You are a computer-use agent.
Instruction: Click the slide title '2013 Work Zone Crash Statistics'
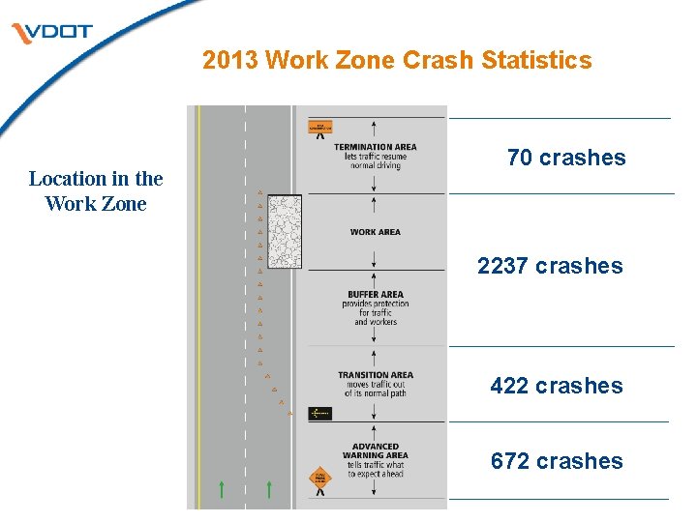tap(397, 60)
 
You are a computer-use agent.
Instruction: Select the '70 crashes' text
tap(566, 158)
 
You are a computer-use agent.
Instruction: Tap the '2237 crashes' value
tap(550, 266)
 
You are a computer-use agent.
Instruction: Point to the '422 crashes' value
tap(557, 386)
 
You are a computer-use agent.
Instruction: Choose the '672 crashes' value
tap(557, 461)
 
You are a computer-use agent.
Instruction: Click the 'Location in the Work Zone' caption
tap(96, 190)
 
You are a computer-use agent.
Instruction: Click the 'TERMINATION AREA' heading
tap(376, 148)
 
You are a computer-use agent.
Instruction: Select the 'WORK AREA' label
tap(376, 232)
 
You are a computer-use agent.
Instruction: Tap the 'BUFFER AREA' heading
tap(376, 295)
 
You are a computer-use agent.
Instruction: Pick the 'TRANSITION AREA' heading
tap(376, 375)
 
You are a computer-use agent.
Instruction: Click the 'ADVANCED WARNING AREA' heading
tap(376, 450)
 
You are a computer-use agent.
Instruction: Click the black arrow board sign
tap(319, 414)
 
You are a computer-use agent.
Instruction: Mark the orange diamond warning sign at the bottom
tap(320, 477)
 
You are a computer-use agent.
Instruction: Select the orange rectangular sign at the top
tap(320, 126)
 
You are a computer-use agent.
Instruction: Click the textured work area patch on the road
tap(284, 231)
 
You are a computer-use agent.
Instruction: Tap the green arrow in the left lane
tap(222, 489)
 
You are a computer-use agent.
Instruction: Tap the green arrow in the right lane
tap(268, 489)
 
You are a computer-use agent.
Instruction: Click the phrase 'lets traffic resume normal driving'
tap(376, 161)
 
